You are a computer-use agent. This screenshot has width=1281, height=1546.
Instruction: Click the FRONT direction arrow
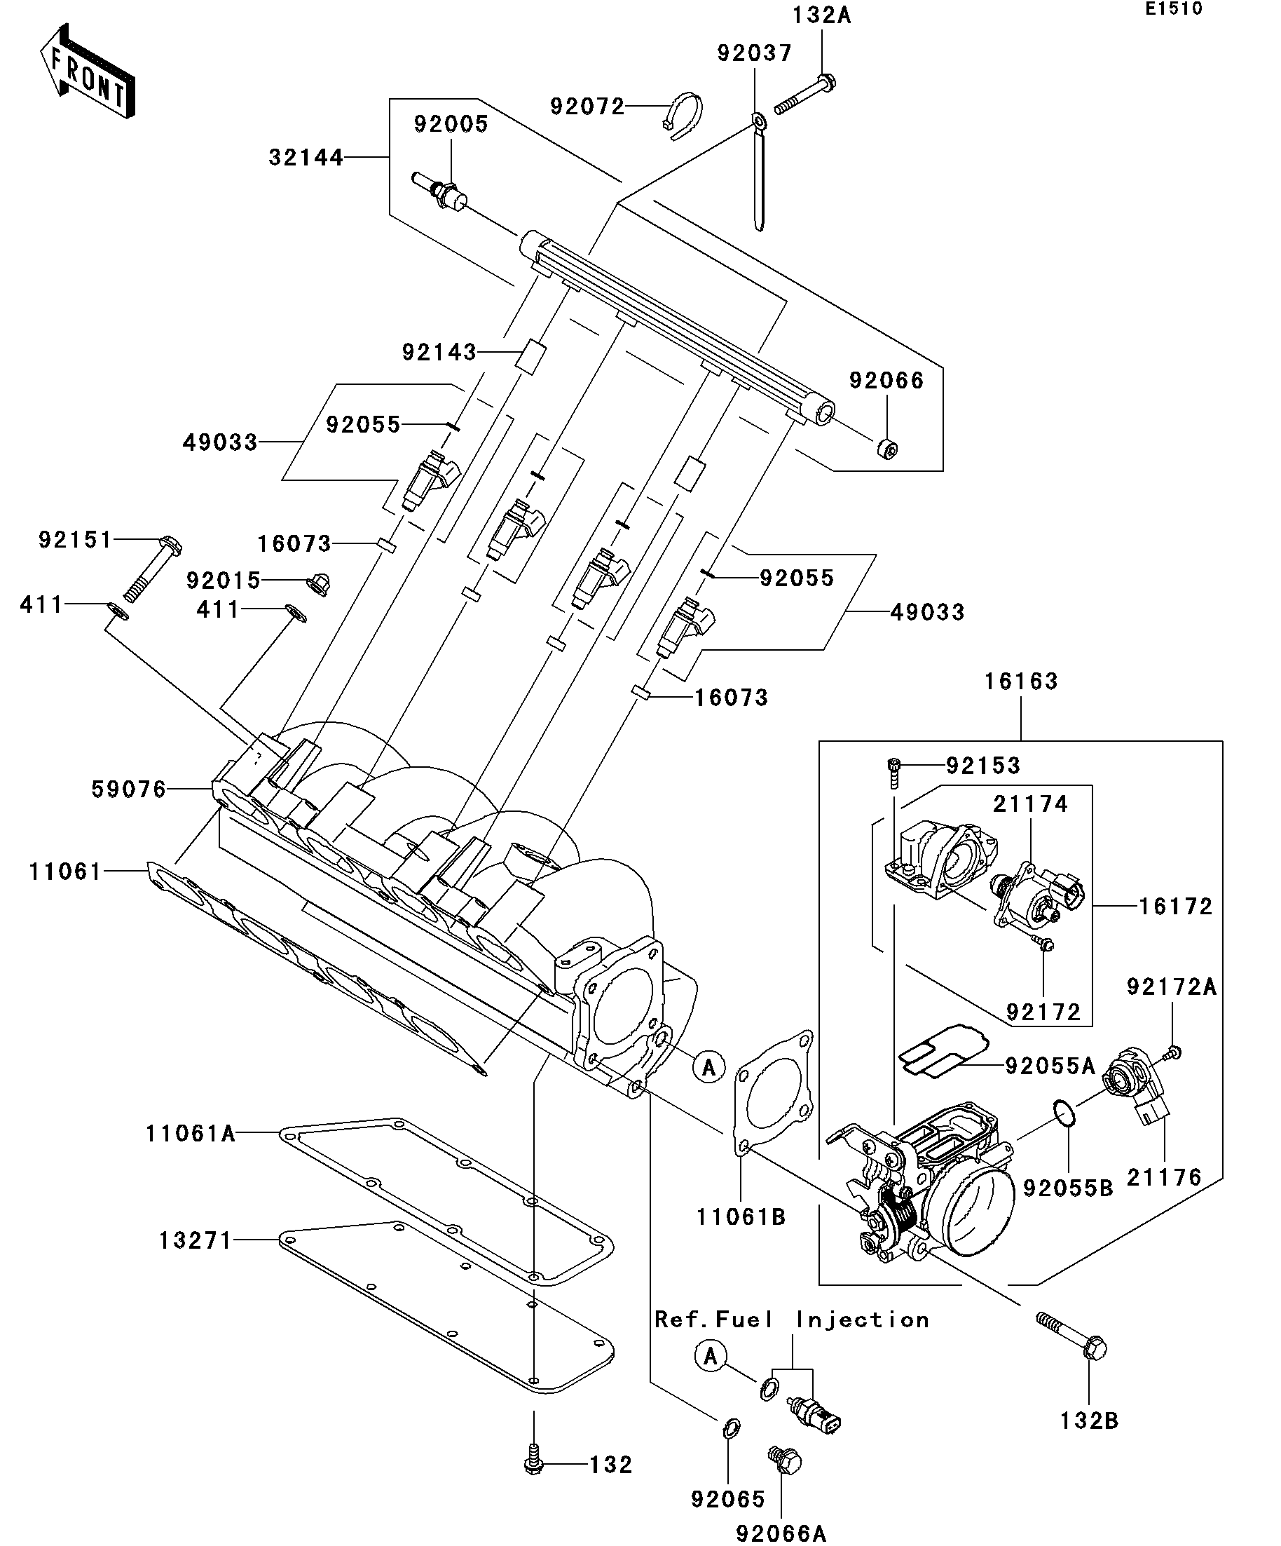pos(87,72)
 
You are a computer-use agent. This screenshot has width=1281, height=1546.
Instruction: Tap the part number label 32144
pos(306,158)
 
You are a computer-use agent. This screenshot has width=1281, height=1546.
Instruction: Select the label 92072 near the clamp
pos(587,107)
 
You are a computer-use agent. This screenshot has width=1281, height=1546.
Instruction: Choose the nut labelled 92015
pos(319,583)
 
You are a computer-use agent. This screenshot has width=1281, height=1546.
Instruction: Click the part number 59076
pos(129,789)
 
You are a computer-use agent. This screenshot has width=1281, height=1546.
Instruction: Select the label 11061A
pos(191,1133)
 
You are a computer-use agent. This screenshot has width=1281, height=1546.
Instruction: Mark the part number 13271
pos(195,1240)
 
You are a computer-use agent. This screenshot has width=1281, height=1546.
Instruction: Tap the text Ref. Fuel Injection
pos(792,1320)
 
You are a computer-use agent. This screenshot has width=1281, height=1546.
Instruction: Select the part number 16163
pos(1021,682)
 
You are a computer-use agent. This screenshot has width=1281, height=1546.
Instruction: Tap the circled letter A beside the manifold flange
pos(708,1066)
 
